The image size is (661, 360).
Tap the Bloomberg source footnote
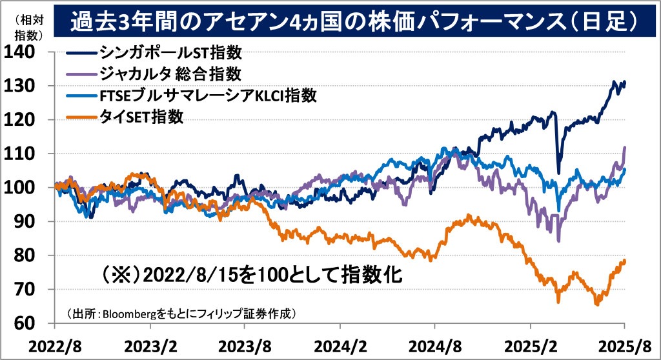181,314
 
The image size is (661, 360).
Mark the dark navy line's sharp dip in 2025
558,172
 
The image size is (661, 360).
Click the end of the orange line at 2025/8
625,261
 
